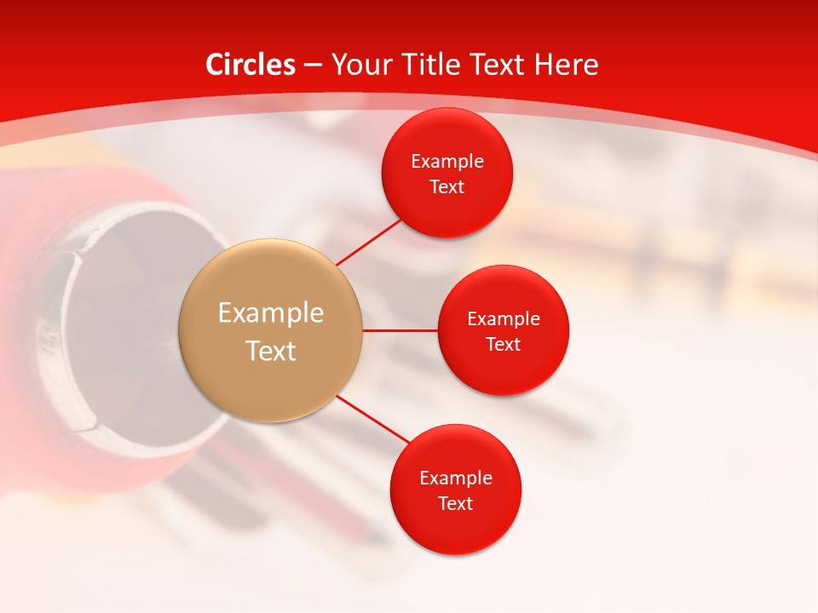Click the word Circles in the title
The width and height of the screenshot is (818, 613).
[x=250, y=65]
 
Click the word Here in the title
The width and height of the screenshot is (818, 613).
[x=566, y=65]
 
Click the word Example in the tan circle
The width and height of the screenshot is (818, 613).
[x=271, y=313]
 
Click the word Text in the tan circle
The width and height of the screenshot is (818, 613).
[x=271, y=351]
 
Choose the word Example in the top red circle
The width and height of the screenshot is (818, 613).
[x=447, y=162]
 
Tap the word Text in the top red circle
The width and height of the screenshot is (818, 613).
[x=447, y=187]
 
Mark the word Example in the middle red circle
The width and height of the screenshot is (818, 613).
[x=504, y=319]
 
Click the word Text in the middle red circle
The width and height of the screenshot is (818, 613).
[x=504, y=345]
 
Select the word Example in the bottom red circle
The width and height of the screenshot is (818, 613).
[x=456, y=478]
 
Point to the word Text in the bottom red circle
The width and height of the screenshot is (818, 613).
[x=456, y=504]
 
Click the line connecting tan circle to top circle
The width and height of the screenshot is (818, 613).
[x=369, y=242]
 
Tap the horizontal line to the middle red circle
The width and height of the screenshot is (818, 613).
[x=400, y=330]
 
